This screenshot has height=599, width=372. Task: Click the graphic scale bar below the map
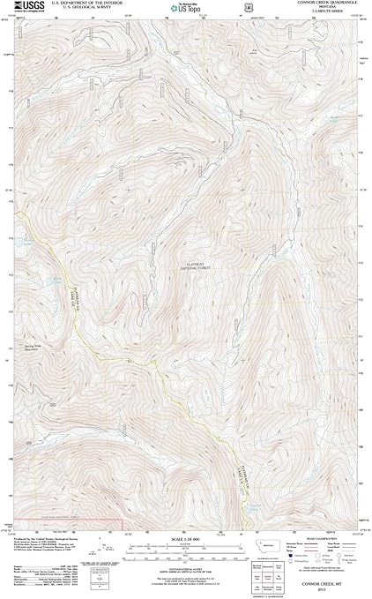point(186,536)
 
